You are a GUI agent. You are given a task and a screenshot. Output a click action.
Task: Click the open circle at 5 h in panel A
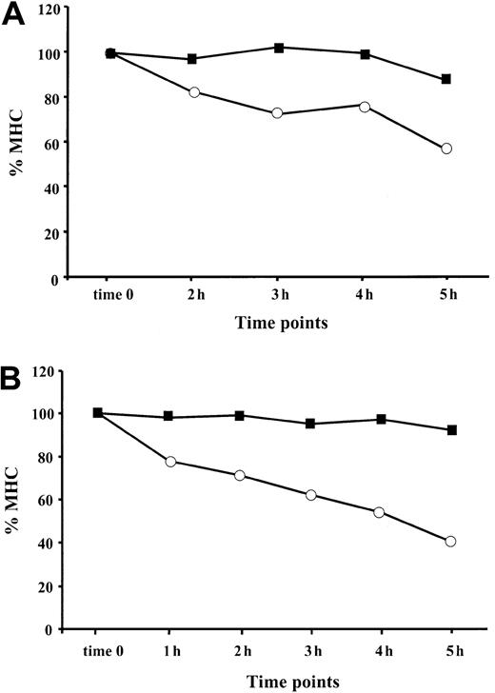[446, 148]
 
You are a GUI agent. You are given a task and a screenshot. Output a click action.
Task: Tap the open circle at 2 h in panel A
[194, 92]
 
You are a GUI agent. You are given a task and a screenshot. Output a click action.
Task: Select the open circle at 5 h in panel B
[450, 542]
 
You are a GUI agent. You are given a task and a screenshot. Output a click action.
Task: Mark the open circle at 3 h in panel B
[310, 495]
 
